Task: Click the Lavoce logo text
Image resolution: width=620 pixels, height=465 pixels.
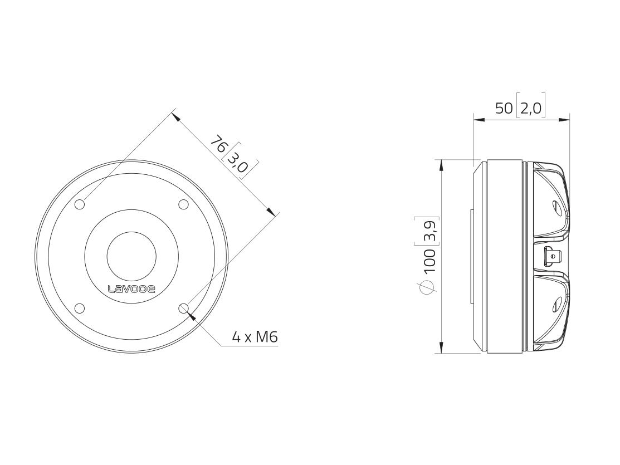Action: [131, 289]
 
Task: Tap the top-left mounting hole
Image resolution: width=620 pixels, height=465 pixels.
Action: [80, 204]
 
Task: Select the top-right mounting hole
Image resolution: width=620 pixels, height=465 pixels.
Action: [183, 204]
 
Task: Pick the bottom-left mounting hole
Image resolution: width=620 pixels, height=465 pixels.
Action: [80, 309]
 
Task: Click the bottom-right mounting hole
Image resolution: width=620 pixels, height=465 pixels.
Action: [184, 309]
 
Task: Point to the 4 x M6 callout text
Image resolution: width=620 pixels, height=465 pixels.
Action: [255, 337]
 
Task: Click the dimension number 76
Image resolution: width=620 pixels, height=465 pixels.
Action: [219, 144]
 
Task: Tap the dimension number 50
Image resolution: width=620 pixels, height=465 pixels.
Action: [504, 108]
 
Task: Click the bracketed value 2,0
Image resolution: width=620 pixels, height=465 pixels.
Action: [531, 108]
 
